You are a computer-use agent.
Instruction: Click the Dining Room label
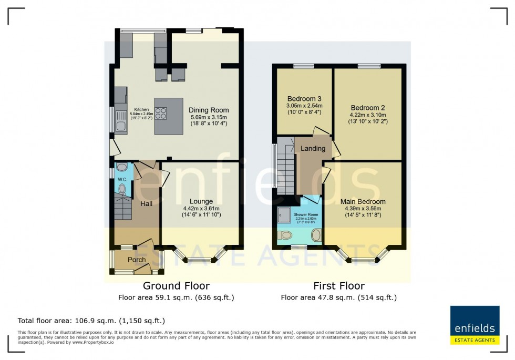pyautogui.click(x=209, y=110)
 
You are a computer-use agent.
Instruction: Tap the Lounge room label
pyautogui.click(x=201, y=201)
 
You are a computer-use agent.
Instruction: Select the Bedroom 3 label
pyautogui.click(x=304, y=99)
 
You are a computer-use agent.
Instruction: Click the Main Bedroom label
pyautogui.click(x=363, y=202)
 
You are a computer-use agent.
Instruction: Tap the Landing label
pyautogui.click(x=313, y=149)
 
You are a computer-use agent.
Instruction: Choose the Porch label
pyautogui.click(x=137, y=260)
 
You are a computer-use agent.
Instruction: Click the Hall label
pyautogui.click(x=146, y=203)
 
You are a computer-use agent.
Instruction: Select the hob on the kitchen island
pyautogui.click(x=161, y=114)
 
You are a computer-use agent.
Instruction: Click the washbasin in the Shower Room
pyautogui.click(x=316, y=235)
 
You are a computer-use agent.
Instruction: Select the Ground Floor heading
pyautogui.click(x=176, y=286)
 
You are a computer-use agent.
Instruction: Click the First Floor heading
pyautogui.click(x=338, y=286)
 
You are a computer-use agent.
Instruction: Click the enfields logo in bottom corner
pyautogui.click(x=475, y=325)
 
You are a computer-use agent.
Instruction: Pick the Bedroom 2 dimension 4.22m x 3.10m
pyautogui.click(x=368, y=115)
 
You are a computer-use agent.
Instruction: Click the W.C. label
pyautogui.click(x=122, y=179)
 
